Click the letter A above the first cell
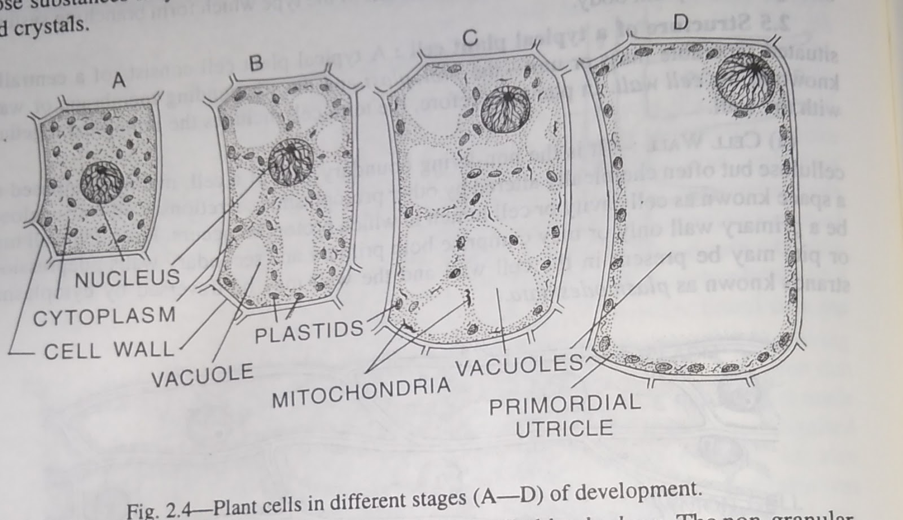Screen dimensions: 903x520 tap(119, 81)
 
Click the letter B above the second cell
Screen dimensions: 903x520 tap(256, 63)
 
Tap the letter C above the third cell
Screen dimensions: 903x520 tap(470, 38)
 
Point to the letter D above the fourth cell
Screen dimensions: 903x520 tap(681, 22)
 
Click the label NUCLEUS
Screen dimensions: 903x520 tap(128, 277)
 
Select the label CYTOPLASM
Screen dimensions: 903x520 tap(104, 316)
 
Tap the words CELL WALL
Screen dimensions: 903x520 tap(109, 351)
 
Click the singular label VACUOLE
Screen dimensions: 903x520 tap(202, 375)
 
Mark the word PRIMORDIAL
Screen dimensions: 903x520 tap(564, 404)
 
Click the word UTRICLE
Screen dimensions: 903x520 tap(564, 429)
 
